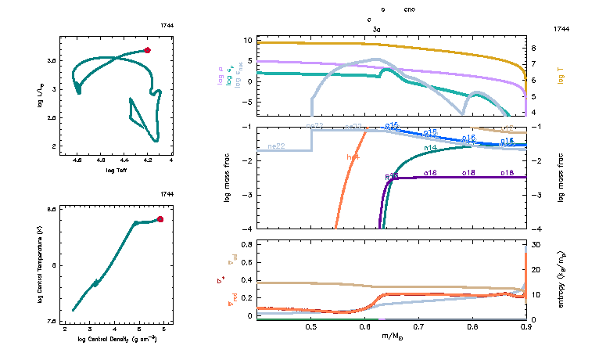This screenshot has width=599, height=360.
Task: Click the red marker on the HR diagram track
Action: click(x=147, y=50)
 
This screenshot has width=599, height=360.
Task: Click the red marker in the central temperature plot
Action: click(x=160, y=219)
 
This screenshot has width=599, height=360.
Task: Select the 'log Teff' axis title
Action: click(x=117, y=169)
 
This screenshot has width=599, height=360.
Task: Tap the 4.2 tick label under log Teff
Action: click(x=147, y=160)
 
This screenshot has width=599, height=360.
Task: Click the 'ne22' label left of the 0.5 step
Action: click(x=275, y=146)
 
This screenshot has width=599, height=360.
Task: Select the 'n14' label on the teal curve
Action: click(x=429, y=148)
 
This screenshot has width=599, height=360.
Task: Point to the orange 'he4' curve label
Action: click(x=353, y=157)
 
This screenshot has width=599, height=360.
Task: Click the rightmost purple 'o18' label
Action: click(x=507, y=172)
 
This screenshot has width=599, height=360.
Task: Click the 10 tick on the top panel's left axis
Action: click(x=246, y=39)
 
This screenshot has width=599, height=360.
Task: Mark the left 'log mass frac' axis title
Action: click(x=228, y=178)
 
